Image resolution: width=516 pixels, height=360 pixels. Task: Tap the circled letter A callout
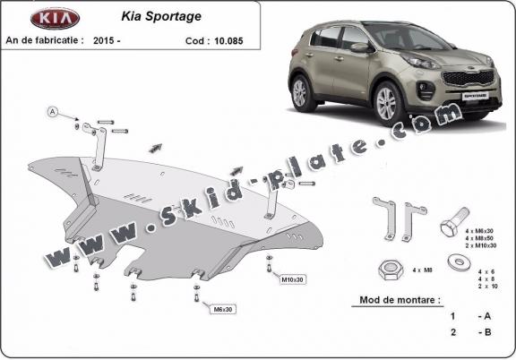pos(53,112)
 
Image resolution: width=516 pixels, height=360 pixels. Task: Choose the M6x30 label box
pos(223,309)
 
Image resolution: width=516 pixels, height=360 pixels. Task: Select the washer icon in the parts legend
pos(457,261)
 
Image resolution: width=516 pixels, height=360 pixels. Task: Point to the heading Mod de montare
pos(400,301)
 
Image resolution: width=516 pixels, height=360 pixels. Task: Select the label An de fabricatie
pos(45,40)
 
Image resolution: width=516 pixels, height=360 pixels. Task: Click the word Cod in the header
pos(191,40)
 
